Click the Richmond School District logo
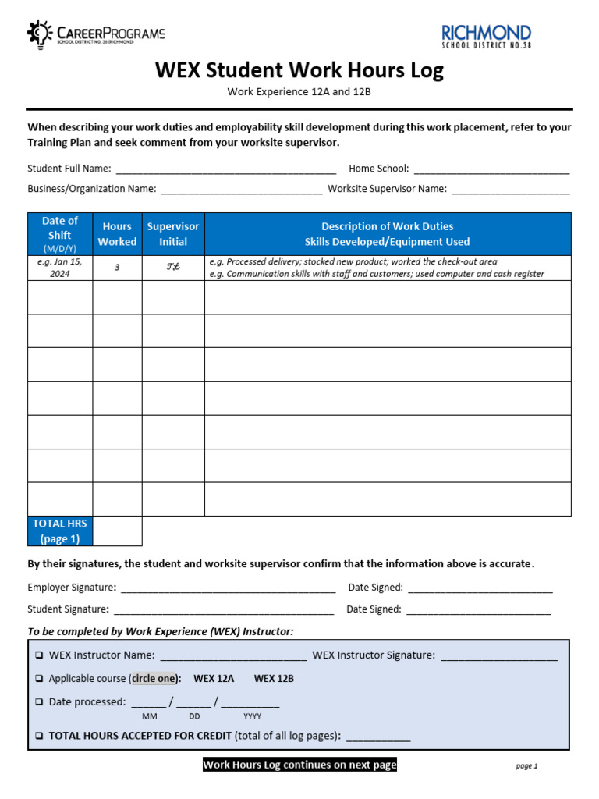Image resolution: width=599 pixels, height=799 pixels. (486, 36)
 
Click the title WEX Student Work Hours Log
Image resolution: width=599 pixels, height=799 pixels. (299, 70)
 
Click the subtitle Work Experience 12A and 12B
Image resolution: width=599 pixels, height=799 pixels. (299, 92)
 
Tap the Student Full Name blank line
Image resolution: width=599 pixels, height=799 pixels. (225, 169)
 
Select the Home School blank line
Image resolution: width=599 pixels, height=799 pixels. (491, 169)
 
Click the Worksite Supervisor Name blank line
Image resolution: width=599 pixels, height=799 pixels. (511, 190)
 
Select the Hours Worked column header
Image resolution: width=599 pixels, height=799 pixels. (117, 234)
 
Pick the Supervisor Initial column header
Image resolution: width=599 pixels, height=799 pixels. (173, 234)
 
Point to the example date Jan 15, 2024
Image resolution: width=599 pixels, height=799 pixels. (60, 268)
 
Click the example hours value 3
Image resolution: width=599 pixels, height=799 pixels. (117, 267)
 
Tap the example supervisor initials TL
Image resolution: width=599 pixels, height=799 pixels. (173, 267)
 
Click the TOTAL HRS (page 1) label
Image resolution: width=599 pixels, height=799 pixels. (60, 531)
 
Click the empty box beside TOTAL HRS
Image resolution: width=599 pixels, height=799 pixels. (117, 531)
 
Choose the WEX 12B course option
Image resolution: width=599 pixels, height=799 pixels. (274, 679)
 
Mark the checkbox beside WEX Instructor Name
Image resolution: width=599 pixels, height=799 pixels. (39, 655)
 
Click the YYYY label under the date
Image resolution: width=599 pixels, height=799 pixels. (252, 716)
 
